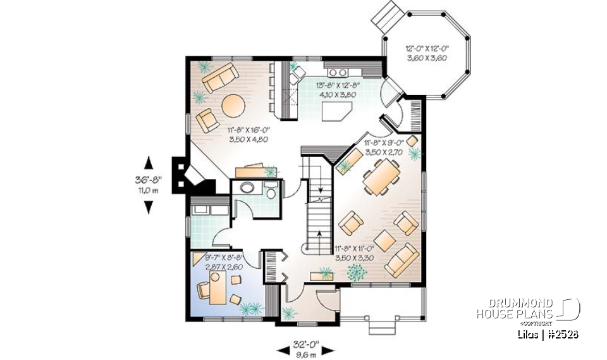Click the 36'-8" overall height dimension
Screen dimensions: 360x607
pyautogui.click(x=149, y=184)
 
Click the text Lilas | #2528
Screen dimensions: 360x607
pyautogui.click(x=545, y=333)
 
